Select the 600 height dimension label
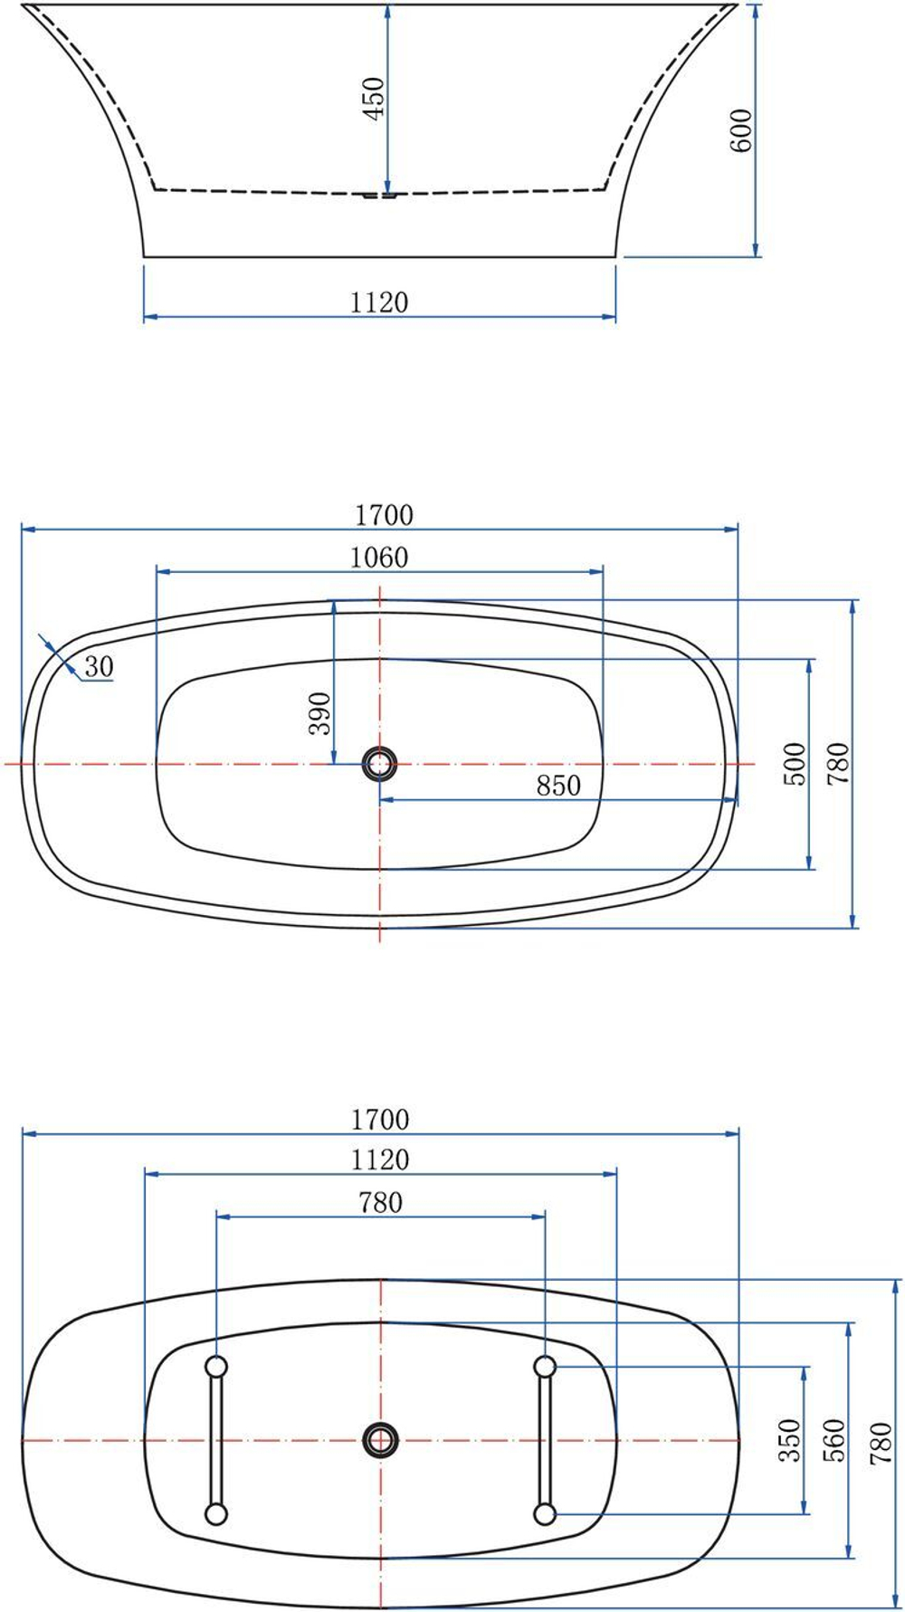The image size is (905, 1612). tap(740, 130)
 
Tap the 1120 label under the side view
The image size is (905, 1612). tap(379, 301)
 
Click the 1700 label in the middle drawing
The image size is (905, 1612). tap(384, 515)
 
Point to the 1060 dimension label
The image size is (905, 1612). tap(379, 558)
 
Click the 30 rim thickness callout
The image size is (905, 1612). tap(99, 667)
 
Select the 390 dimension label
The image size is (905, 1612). tap(320, 713)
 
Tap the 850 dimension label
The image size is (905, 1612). tap(558, 785)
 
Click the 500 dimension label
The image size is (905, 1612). tap(795, 763)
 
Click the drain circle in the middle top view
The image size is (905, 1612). tap(379, 764)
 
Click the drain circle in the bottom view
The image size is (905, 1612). tap(380, 1439)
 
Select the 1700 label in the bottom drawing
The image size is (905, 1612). tap(380, 1120)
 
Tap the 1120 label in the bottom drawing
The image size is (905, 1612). tap(380, 1159)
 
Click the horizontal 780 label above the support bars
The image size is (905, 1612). tap(380, 1202)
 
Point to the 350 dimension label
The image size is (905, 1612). tap(790, 1439)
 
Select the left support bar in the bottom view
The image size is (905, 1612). tap(216, 1439)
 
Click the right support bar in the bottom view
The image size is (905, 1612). tap(545, 1439)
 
